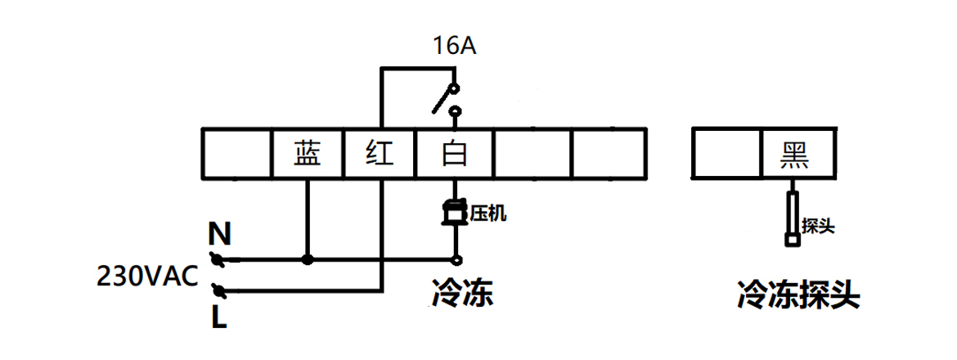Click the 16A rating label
pyautogui.click(x=455, y=47)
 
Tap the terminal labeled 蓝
pyautogui.click(x=308, y=153)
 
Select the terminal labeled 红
pyautogui.click(x=380, y=153)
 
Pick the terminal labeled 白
pyautogui.click(x=455, y=153)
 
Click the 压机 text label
pyautogui.click(x=487, y=214)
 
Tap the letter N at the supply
pyautogui.click(x=218, y=236)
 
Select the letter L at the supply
pyautogui.click(x=218, y=315)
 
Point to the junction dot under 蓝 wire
pyautogui.click(x=308, y=260)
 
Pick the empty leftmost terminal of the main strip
pyautogui.click(x=236, y=153)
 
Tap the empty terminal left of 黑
pyautogui.click(x=726, y=153)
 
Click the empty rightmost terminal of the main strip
pyautogui.click(x=609, y=153)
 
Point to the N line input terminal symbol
pyautogui.click(x=218, y=260)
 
